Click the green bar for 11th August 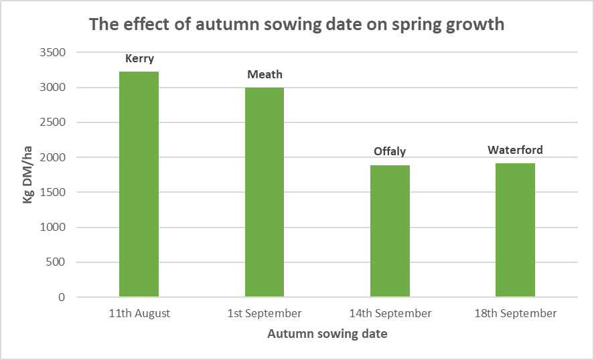click(139, 184)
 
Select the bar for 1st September click(264, 192)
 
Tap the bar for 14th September click(390, 231)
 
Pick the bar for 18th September click(515, 230)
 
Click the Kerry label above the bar click(139, 59)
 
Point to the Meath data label click(265, 74)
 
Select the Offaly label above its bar click(390, 151)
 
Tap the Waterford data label click(515, 150)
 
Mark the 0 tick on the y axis click(62, 297)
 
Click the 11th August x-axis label click(139, 313)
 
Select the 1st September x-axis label click(265, 313)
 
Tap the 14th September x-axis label click(390, 313)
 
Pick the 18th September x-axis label click(515, 313)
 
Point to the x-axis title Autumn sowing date click(327, 334)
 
